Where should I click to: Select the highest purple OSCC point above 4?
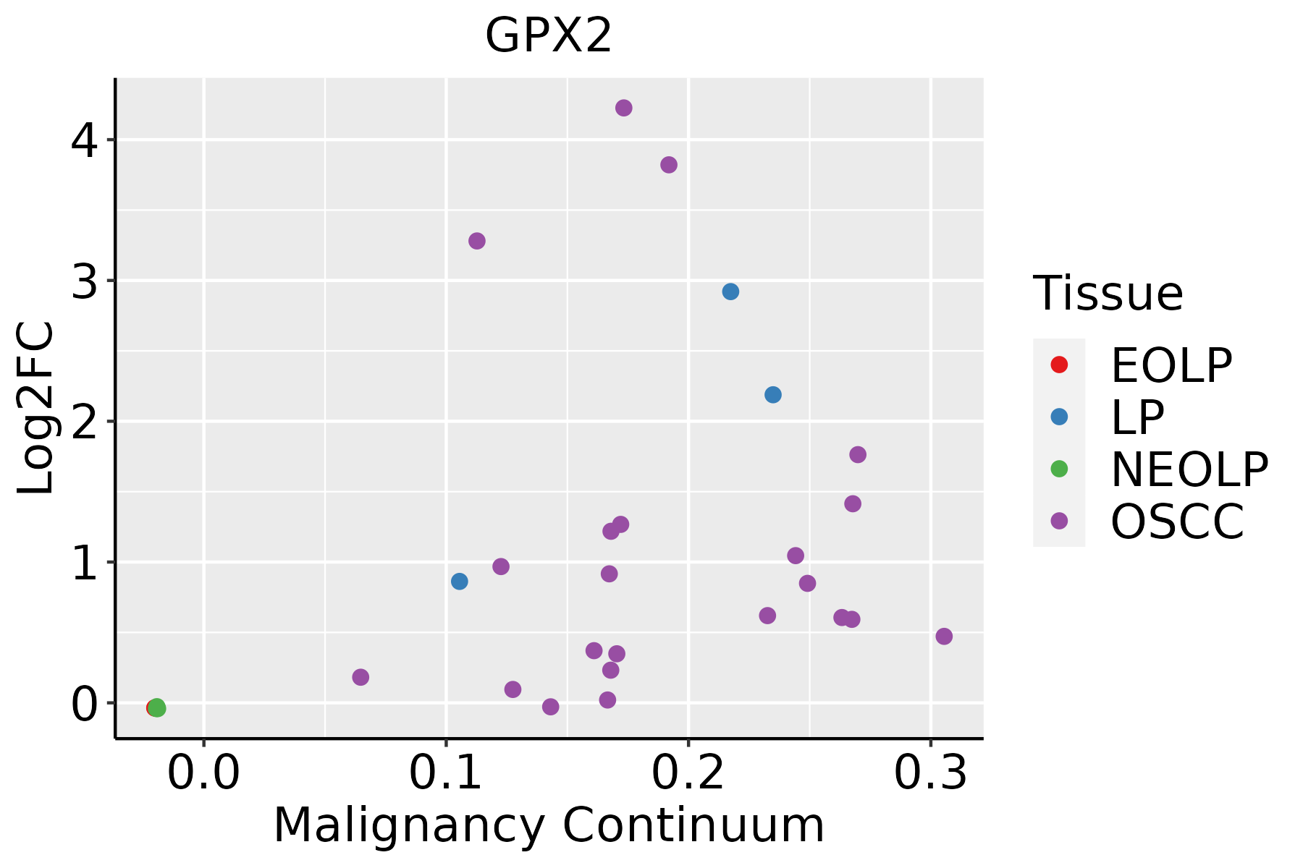pyautogui.click(x=624, y=108)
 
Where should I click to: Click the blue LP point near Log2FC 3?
pyautogui.click(x=730, y=292)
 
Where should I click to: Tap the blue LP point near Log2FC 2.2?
pyautogui.click(x=773, y=395)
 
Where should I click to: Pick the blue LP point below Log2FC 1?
pyautogui.click(x=460, y=582)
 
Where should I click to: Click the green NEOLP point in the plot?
pyautogui.click(x=158, y=708)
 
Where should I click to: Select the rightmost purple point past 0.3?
pyautogui.click(x=944, y=637)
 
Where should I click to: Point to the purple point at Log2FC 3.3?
pyautogui.click(x=477, y=241)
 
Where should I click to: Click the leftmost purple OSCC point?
pyautogui.click(x=360, y=677)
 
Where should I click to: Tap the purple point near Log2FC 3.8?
pyautogui.click(x=669, y=165)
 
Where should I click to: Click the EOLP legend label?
pyautogui.click(x=1171, y=365)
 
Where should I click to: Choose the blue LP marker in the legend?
pyautogui.click(x=1059, y=417)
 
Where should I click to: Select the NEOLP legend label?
pyautogui.click(x=1189, y=469)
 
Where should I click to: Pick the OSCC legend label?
pyautogui.click(x=1177, y=522)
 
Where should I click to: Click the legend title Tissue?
pyautogui.click(x=1108, y=294)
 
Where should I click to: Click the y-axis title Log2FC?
pyautogui.click(x=36, y=409)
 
